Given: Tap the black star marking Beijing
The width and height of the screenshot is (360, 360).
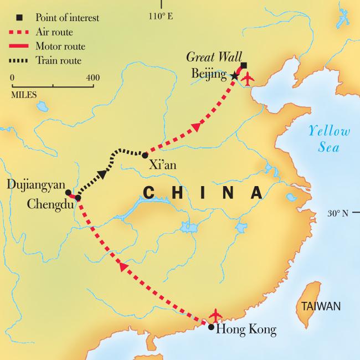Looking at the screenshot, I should [x=234, y=75].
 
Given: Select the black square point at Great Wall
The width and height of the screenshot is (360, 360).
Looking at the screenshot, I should [x=244, y=65].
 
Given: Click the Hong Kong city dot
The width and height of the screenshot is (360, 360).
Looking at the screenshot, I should [x=211, y=327].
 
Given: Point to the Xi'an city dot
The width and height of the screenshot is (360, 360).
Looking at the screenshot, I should [x=145, y=155].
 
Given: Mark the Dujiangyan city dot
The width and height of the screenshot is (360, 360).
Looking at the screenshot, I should [x=68, y=193].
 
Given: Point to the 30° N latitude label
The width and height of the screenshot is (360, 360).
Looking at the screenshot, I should [x=338, y=214].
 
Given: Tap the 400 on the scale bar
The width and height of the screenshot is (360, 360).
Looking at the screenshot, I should [x=92, y=76].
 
